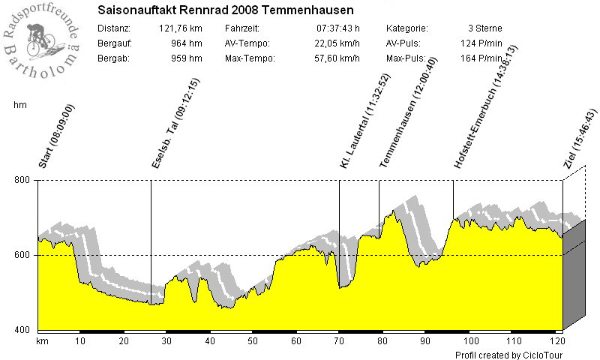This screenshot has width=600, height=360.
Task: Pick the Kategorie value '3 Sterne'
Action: [x=484, y=28]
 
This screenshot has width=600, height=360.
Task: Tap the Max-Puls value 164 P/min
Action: [x=480, y=58]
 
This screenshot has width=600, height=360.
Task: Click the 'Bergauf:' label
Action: [x=114, y=43]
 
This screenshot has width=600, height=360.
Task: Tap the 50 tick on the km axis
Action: [x=253, y=341]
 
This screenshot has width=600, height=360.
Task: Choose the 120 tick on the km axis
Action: [x=555, y=341]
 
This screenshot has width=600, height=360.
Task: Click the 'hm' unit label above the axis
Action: [x=20, y=106]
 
